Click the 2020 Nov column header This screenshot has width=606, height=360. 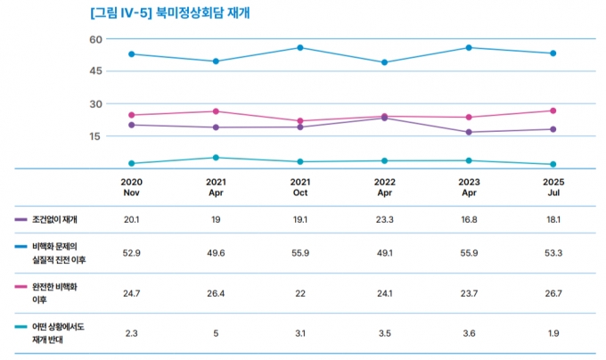pyautogui.click(x=131, y=186)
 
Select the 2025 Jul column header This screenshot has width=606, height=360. pyautogui.click(x=553, y=186)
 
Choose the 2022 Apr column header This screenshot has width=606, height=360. pyautogui.click(x=384, y=186)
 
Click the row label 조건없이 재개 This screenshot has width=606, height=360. pyautogui.click(x=54, y=219)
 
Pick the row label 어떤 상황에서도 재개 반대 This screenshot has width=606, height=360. pyautogui.click(x=59, y=333)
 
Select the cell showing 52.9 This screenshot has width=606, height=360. pyautogui.click(x=131, y=252)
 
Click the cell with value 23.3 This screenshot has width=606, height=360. pyautogui.click(x=384, y=219)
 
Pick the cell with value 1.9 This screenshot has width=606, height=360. pyautogui.click(x=553, y=332)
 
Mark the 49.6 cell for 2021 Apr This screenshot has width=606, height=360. pyautogui.click(x=215, y=252)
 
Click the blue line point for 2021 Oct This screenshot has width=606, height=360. pyautogui.click(x=299, y=47)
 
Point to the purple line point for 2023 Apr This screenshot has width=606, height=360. pyautogui.click(x=469, y=133)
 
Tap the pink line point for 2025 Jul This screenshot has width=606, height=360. pyautogui.click(x=553, y=110)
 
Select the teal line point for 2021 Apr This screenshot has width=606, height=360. pyautogui.click(x=215, y=158)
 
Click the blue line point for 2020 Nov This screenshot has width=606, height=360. pyautogui.click(x=131, y=54)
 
